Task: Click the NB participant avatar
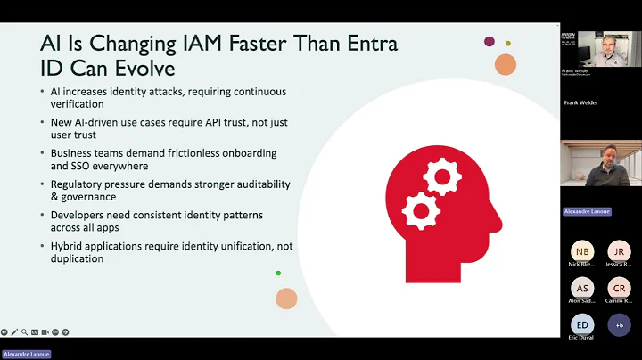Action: (581, 251)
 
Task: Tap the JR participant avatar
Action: (619, 251)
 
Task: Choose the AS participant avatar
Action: (581, 288)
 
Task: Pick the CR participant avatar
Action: (619, 288)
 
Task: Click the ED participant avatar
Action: (581, 325)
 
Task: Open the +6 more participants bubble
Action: (619, 325)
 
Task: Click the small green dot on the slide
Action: (278, 273)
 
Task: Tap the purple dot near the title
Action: (490, 41)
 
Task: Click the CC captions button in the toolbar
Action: (34, 332)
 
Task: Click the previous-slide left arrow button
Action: (4, 332)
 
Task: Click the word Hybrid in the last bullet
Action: (69, 246)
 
